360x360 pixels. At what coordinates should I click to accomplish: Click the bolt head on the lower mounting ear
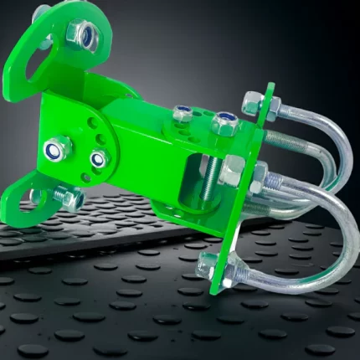pyautogui.click(x=68, y=199)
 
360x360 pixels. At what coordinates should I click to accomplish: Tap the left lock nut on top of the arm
pyautogui.click(x=183, y=115)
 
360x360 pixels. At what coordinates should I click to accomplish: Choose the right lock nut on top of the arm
pyautogui.click(x=224, y=124)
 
